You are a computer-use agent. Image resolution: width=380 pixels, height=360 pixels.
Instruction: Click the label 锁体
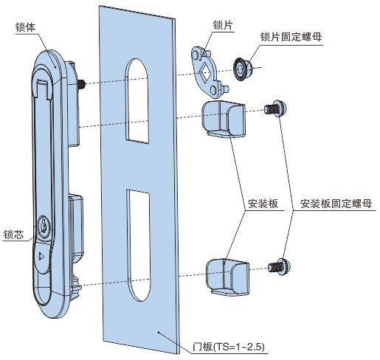pos(25,27)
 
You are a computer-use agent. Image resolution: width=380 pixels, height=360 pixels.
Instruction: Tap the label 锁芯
pos(14,235)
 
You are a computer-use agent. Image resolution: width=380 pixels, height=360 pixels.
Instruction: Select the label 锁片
pos(223,25)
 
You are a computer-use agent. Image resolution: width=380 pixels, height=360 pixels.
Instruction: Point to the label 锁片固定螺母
pos(291,37)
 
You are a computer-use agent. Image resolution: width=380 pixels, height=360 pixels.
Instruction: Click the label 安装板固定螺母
pos(336,204)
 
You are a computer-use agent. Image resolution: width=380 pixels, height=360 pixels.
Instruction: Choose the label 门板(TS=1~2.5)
pos(229,347)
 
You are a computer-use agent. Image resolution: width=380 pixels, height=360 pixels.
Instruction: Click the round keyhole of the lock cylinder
pos(44,224)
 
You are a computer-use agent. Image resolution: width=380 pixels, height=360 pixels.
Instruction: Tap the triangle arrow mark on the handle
pos(41,257)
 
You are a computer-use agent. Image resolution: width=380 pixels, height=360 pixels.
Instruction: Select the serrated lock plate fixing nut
pos(242,69)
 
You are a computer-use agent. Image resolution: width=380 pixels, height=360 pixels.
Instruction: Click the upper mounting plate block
pos(224,120)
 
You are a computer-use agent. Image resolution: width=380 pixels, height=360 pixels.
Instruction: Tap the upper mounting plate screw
pos(275,108)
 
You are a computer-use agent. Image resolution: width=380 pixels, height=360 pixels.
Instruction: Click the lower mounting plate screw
pos(280,266)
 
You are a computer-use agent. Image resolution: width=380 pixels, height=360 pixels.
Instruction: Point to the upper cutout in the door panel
pos(137,101)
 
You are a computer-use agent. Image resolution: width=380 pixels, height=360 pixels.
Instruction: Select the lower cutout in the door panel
pos(138,245)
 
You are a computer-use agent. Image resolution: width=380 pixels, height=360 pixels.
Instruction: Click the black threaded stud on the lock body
pos(81,84)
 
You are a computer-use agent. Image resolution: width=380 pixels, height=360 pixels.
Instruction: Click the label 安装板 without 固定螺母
pos(263,204)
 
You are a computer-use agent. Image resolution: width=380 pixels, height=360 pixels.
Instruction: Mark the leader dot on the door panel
pos(159,333)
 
